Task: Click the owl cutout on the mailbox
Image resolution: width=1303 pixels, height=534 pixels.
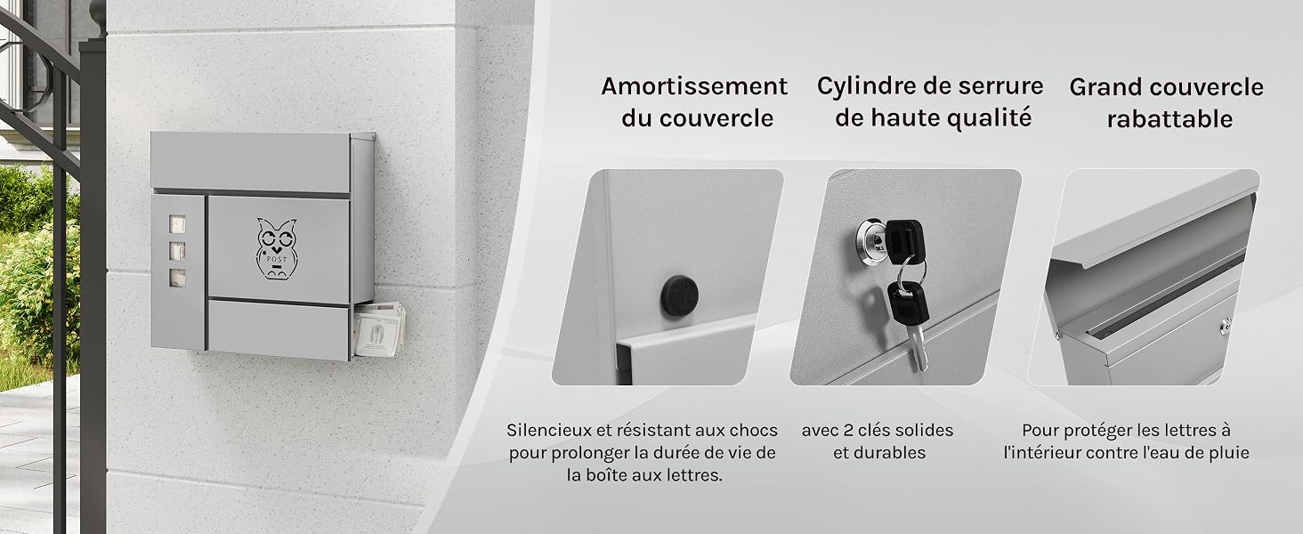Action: [x=276, y=248]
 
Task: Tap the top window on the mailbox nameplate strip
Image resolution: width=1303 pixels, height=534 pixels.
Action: [x=177, y=224]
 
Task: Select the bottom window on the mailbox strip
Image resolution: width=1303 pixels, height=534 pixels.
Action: [x=177, y=278]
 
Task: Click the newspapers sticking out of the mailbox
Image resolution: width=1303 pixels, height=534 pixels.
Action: [x=378, y=328]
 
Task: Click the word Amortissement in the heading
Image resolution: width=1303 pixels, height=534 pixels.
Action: [x=694, y=86]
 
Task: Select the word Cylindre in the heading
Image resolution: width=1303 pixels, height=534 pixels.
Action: [x=866, y=86]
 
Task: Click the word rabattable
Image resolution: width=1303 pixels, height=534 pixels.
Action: [x=1169, y=118]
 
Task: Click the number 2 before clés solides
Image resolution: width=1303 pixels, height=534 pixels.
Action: [x=848, y=431]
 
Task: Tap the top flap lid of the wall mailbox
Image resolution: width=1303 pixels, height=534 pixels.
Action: [x=251, y=162]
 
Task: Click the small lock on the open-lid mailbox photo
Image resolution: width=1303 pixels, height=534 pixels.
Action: [x=1225, y=327]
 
